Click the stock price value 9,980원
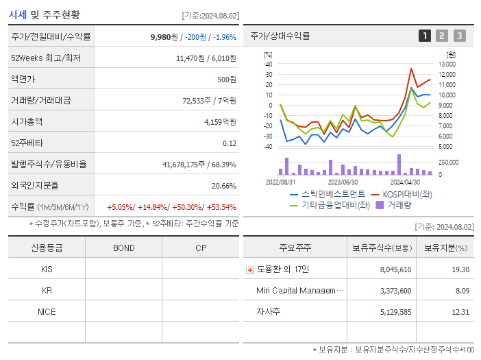click(164, 37)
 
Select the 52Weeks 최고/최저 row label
click(46, 58)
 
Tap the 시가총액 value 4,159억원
click(220, 122)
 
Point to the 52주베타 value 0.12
click(230, 143)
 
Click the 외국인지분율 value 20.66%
click(224, 186)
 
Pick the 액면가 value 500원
click(227, 80)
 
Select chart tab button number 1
click(425, 36)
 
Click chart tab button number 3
click(459, 36)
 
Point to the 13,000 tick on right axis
click(446, 64)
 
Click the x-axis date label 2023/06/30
click(343, 182)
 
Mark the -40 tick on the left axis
click(269, 147)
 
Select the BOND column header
click(123, 248)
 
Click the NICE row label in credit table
click(47, 311)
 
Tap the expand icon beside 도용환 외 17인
click(249, 270)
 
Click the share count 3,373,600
click(395, 291)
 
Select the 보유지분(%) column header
click(445, 248)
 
